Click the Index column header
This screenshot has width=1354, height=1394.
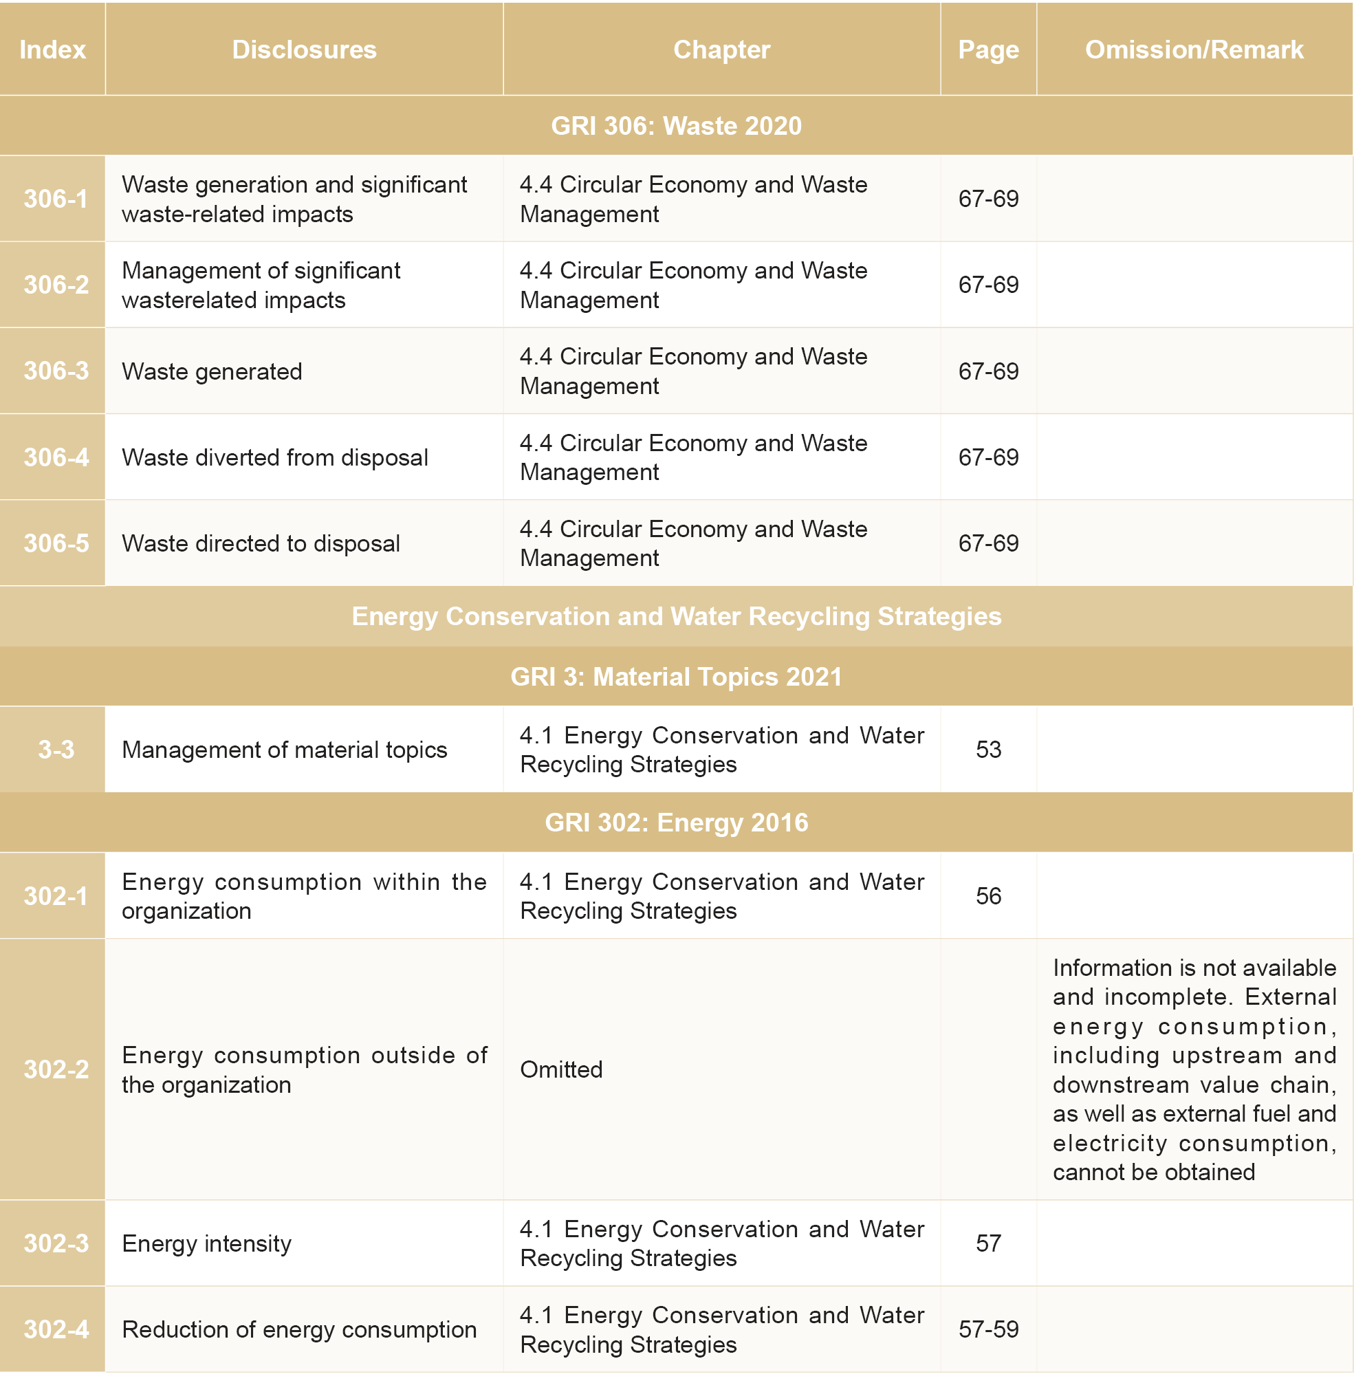pyautogui.click(x=53, y=50)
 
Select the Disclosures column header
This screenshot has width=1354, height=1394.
pyautogui.click(x=304, y=50)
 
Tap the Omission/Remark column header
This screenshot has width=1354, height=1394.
pyautogui.click(x=1194, y=50)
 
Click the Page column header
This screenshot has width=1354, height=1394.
pyautogui.click(x=987, y=50)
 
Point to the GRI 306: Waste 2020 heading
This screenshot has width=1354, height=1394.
pyautogui.click(x=675, y=126)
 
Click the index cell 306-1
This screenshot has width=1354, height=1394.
pyautogui.click(x=56, y=199)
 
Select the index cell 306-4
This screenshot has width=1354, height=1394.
pyautogui.click(x=56, y=457)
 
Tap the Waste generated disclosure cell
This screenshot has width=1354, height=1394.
pyautogui.click(x=212, y=371)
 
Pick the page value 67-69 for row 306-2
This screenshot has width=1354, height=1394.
pyautogui.click(x=987, y=285)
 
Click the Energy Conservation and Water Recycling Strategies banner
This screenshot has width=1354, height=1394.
pyautogui.click(x=675, y=616)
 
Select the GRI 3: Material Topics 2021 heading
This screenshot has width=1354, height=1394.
pyautogui.click(x=675, y=677)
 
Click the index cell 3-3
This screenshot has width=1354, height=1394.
pyautogui.click(x=56, y=749)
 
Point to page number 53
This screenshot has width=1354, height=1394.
pyautogui.click(x=987, y=749)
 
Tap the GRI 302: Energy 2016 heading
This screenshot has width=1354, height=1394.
pyautogui.click(x=675, y=823)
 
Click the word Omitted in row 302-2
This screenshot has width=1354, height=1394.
pyautogui.click(x=561, y=1069)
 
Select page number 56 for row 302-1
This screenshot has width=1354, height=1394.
pyautogui.click(x=987, y=895)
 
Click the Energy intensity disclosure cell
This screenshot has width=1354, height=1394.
pyautogui.click(x=206, y=1243)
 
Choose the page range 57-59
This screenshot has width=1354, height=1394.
pyautogui.click(x=987, y=1329)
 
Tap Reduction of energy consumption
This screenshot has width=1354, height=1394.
pyautogui.click(x=298, y=1329)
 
